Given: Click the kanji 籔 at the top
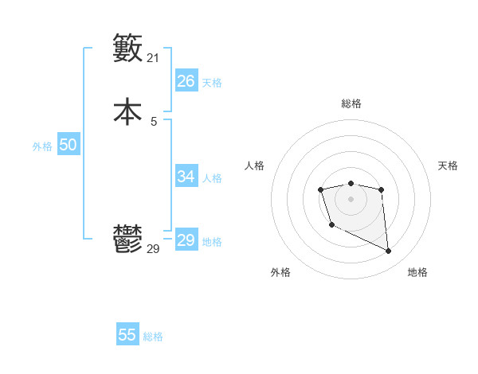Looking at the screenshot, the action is tap(127, 49).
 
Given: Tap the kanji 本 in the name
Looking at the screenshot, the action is tap(127, 111).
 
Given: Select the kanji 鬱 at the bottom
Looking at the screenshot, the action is tap(127, 240).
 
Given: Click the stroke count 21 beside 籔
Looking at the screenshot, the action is tap(153, 58).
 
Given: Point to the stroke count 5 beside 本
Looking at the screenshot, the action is tap(153, 121).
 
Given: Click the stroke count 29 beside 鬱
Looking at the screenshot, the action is tap(153, 249).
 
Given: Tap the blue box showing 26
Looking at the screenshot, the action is tap(186, 81).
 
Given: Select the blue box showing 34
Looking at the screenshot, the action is tap(186, 177).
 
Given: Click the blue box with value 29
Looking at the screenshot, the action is tap(186, 240).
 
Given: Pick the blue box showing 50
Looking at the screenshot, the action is tap(68, 145).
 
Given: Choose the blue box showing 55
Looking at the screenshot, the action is tap(127, 335).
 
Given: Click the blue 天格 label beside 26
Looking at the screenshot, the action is tap(212, 83).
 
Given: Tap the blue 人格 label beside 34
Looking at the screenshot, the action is tap(212, 178).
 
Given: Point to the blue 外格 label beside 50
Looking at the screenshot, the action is tap(42, 146).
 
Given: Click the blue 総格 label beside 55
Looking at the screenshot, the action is tap(153, 337).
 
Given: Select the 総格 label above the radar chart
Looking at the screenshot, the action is tap(351, 103).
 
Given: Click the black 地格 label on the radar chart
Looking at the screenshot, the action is tap(417, 272).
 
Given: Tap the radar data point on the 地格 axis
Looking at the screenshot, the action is tap(389, 251).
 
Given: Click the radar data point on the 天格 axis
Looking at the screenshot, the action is tap(382, 189).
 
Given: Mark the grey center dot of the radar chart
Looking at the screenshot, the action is tap(351, 198).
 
